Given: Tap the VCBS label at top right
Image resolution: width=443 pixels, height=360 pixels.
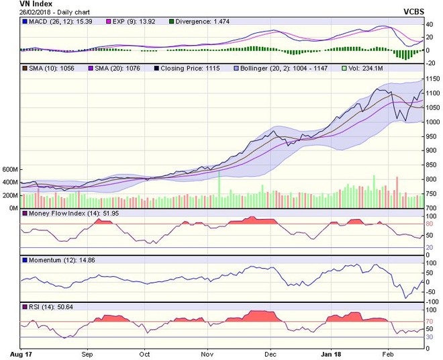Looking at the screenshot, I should click(415, 12).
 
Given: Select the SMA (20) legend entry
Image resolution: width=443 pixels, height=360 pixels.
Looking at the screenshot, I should click(117, 68).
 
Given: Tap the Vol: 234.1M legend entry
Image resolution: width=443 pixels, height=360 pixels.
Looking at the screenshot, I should click(368, 68).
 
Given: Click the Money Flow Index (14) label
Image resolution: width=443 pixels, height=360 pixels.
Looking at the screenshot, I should click(66, 213).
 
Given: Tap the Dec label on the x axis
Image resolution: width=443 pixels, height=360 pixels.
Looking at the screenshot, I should click(270, 352).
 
